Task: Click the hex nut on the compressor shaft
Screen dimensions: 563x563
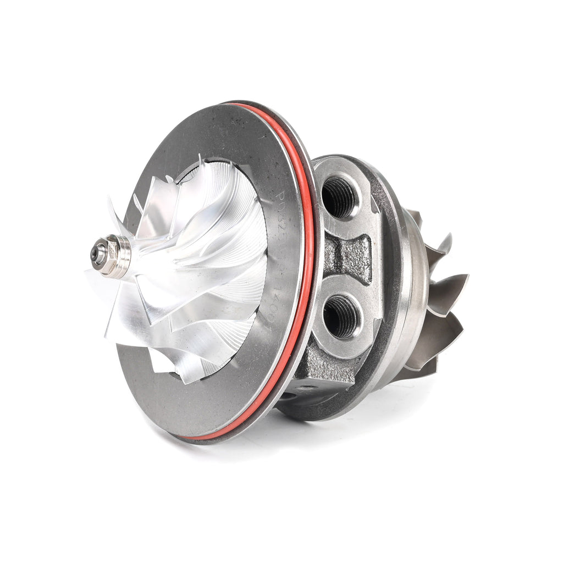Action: (x=112, y=254)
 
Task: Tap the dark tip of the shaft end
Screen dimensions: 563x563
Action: (x=98, y=254)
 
